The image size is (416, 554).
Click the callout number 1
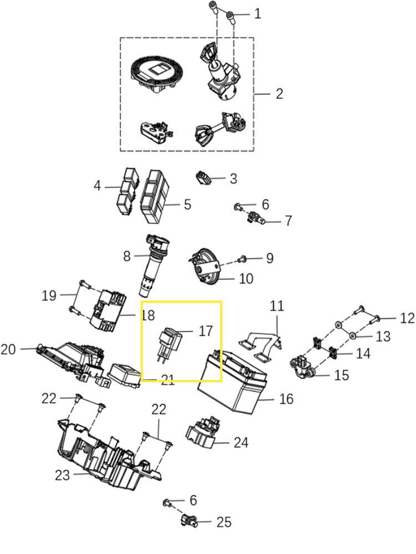click(257, 14)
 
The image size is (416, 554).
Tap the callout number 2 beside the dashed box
click(278, 93)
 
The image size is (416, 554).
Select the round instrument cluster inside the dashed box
click(156, 73)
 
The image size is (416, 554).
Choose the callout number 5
click(187, 204)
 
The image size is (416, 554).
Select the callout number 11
click(276, 306)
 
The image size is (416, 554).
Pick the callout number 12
click(407, 318)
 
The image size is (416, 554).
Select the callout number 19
click(49, 295)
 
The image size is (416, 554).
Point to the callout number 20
click(8, 350)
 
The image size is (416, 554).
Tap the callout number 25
click(224, 522)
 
